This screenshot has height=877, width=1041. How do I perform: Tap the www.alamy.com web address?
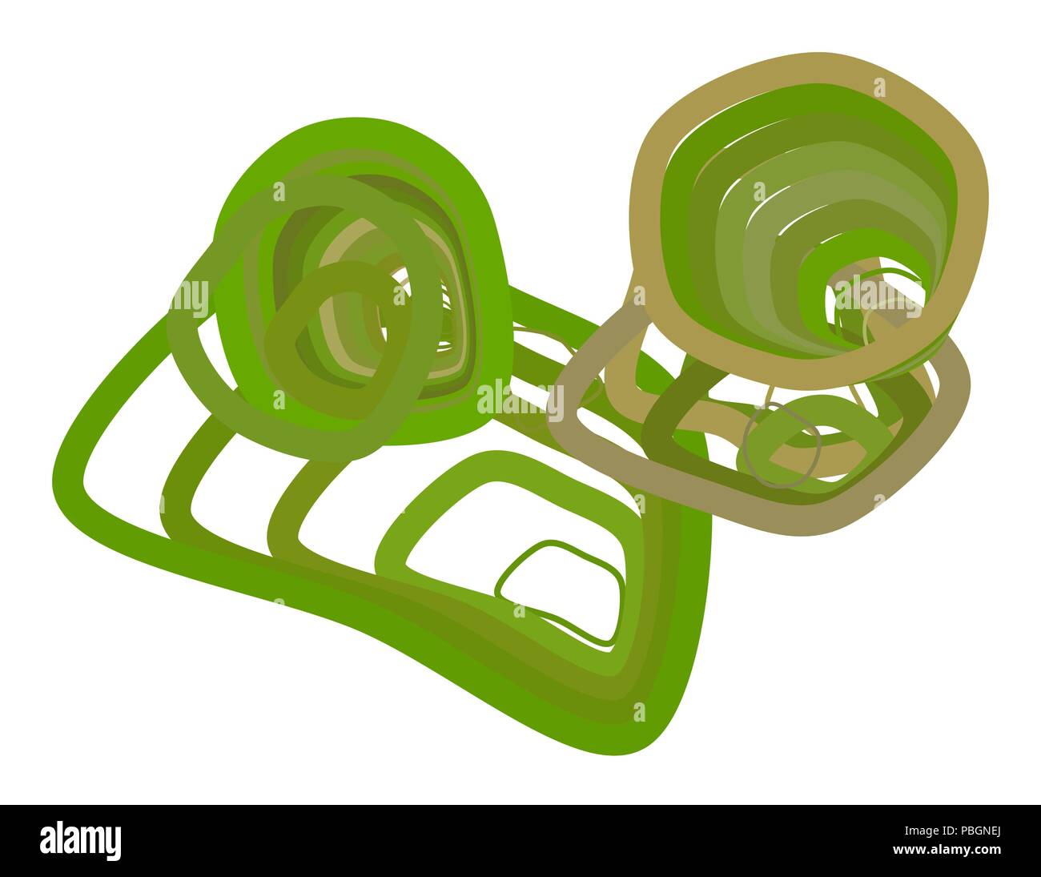(x=947, y=850)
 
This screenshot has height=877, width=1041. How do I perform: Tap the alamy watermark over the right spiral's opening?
(x=878, y=296)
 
